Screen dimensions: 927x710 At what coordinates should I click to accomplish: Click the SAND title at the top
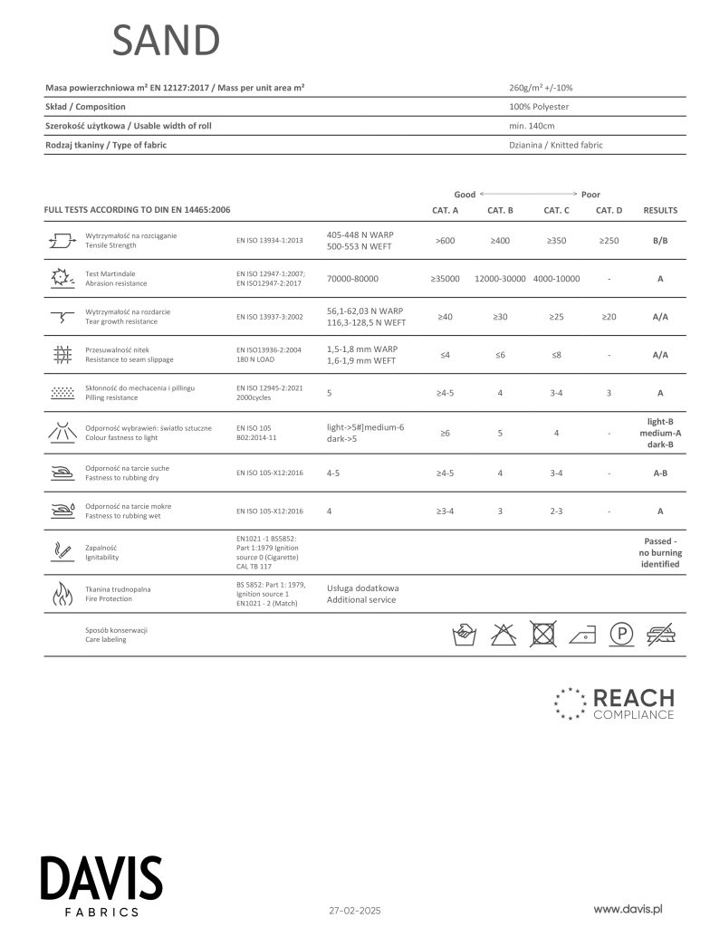pos(166,41)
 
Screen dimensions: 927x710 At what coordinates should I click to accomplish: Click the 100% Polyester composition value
pos(539,107)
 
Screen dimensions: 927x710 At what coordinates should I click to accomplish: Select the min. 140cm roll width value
pos(532,126)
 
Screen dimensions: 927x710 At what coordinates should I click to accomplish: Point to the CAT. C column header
pos(556,210)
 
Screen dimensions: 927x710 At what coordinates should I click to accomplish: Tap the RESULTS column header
pos(660,210)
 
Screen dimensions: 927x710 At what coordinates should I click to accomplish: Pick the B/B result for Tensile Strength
pos(660,241)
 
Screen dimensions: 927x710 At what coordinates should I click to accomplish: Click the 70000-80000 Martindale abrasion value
pos(352,279)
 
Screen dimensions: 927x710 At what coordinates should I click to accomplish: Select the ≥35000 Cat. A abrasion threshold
pos(445,279)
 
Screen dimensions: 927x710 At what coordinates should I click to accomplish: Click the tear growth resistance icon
pos(62,317)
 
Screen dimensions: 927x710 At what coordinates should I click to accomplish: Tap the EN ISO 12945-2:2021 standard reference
pos(269,388)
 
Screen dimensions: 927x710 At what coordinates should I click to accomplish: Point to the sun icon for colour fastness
pos(62,432)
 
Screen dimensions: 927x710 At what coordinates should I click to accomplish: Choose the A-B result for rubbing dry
pos(660,473)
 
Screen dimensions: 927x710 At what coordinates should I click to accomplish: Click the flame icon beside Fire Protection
pos(62,594)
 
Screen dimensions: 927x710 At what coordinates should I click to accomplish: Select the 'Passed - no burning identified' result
pos(660,552)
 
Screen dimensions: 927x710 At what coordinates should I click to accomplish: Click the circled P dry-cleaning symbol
pos(620,635)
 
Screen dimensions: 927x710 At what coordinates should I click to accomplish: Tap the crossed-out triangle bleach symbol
pos(503,635)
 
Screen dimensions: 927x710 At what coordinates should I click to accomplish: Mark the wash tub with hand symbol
pos(464,635)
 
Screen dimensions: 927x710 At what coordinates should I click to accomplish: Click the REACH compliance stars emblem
pos(570,703)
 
